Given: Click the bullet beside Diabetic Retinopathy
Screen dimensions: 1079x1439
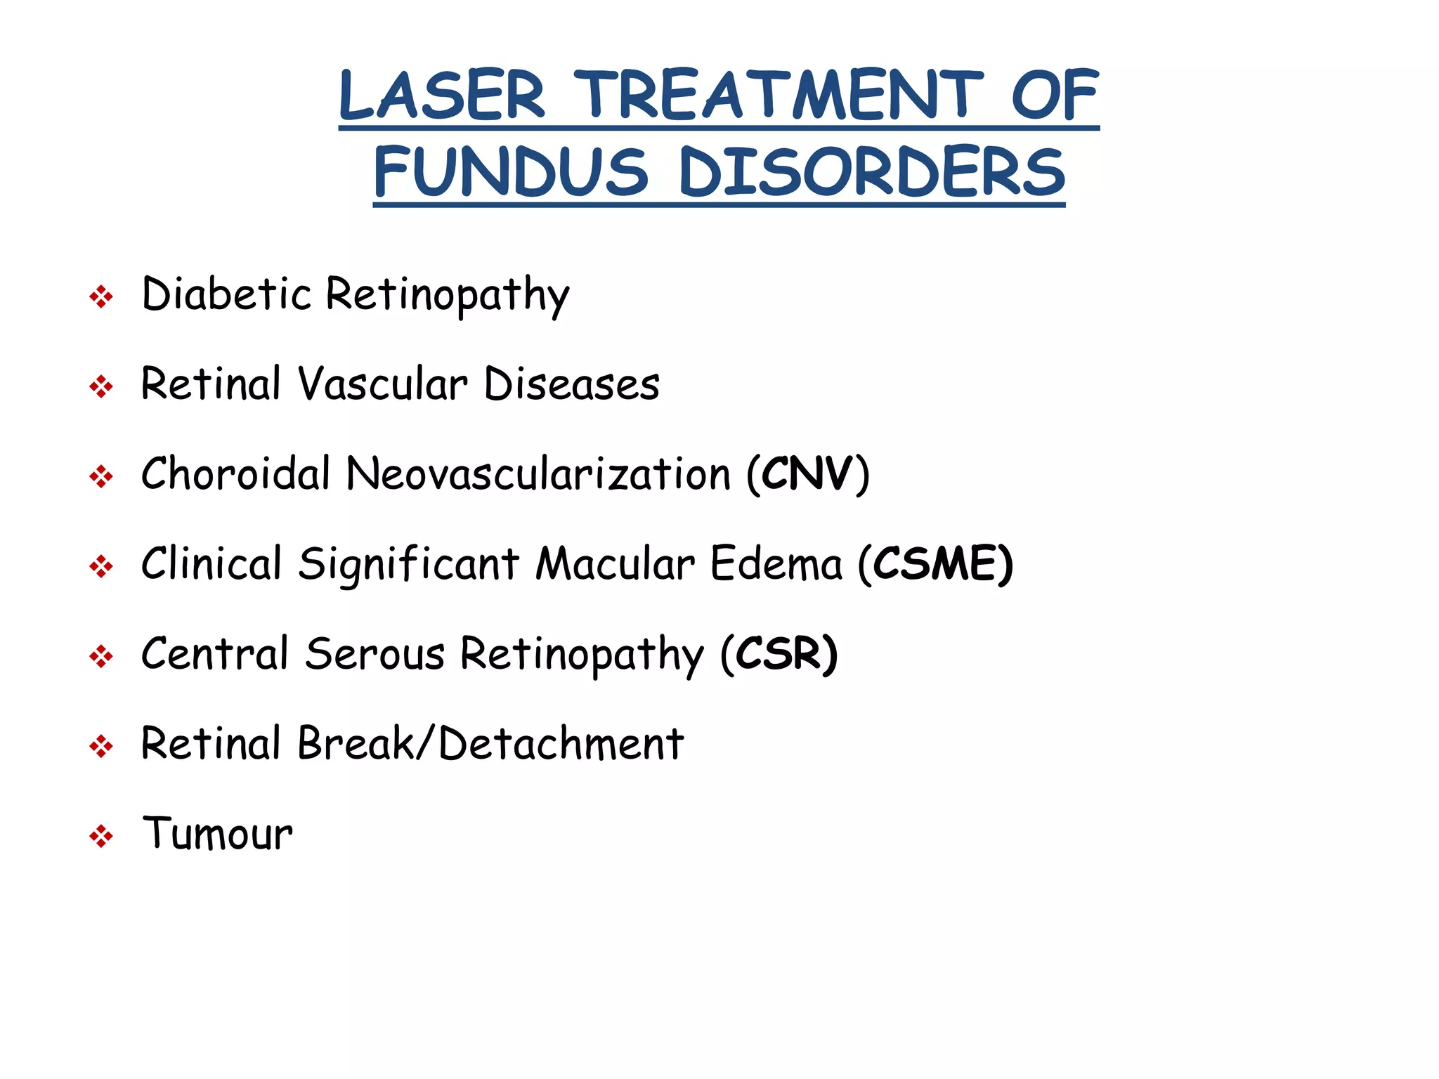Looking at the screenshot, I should tap(101, 297).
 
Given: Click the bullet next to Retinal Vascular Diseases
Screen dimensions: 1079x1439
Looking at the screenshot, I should tap(101, 387).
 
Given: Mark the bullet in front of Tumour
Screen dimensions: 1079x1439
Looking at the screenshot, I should tap(101, 837).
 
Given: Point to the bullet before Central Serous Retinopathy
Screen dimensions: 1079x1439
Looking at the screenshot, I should tap(101, 657).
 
